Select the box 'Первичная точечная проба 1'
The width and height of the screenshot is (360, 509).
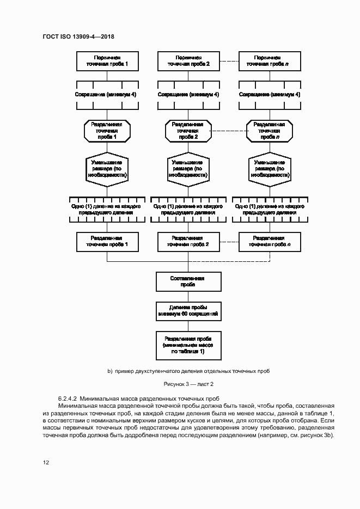107,60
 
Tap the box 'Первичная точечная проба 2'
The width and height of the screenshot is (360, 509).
188,60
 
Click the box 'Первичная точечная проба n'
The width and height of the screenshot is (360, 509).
271,60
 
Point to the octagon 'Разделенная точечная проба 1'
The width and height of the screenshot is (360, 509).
107,131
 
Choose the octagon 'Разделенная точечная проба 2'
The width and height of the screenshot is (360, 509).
188,131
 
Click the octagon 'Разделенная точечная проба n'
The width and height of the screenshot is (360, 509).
271,131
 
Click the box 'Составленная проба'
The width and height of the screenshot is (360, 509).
188,281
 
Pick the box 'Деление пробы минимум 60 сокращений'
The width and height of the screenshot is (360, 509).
188,311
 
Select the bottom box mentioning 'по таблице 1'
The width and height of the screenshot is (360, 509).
188,345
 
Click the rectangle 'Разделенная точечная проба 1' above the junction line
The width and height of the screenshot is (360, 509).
107,241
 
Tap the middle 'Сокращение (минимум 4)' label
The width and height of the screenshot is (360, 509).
188,94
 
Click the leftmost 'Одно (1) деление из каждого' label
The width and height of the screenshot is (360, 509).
107,207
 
